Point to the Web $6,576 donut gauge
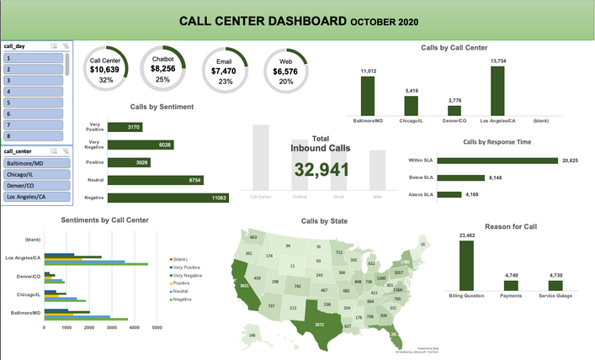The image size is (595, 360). click(285, 67)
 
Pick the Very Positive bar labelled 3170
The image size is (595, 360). click(136, 127)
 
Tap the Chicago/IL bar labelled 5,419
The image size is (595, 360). click(411, 105)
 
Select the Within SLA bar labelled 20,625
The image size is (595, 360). click(502, 161)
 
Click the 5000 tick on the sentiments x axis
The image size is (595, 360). click(157, 326)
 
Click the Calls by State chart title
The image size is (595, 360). click(324, 221)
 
